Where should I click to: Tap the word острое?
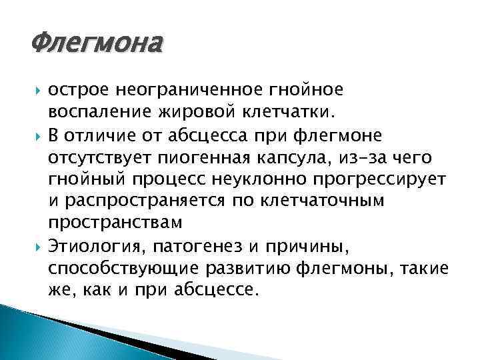pos(78,89)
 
